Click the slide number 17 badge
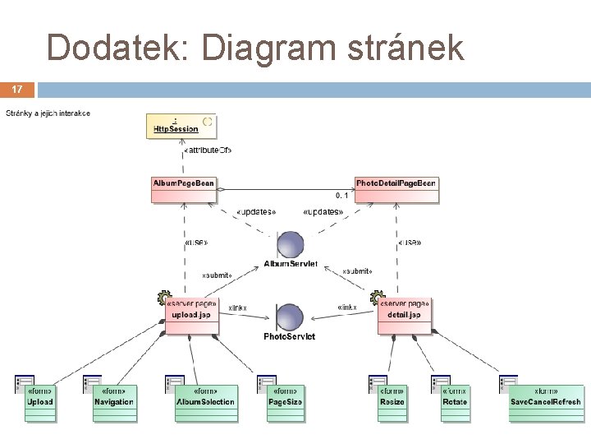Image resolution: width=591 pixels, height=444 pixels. coord(17,88)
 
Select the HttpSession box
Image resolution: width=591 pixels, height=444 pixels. coord(181,126)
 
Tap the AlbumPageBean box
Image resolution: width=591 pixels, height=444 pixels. coord(184,189)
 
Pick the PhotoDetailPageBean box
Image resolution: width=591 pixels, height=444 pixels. coord(396,189)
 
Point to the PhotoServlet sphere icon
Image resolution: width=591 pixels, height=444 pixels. coord(290,317)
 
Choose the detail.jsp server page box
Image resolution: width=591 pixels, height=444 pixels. coord(404,316)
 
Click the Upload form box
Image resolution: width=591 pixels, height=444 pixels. coord(40,402)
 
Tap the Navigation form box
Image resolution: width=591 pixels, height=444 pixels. coord(114,402)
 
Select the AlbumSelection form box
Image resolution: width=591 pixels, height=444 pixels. coord(205,402)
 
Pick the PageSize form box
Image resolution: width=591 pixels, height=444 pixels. coord(285,402)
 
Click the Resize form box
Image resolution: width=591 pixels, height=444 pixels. coord(392,402)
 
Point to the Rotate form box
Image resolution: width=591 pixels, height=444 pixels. coord(455,402)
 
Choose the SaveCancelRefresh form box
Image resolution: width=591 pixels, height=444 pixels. coord(545,402)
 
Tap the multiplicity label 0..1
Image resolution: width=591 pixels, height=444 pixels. coord(342,196)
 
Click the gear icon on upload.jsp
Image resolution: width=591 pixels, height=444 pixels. coord(164,298)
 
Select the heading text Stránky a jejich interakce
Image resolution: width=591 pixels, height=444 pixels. coord(48,113)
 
